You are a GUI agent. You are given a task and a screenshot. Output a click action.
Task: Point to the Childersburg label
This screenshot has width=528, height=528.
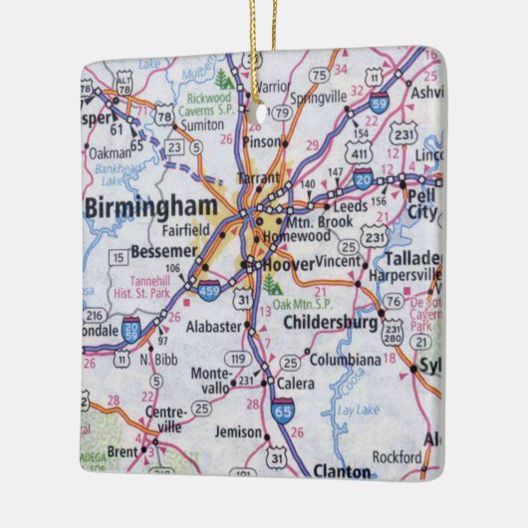pos(330,323)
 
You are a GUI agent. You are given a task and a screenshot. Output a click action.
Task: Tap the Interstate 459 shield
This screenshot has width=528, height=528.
pos(209,293)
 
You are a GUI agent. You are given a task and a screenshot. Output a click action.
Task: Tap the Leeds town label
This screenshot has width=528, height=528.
pos(345,206)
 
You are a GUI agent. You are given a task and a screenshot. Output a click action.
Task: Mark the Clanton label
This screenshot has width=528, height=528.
pos(342,469)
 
